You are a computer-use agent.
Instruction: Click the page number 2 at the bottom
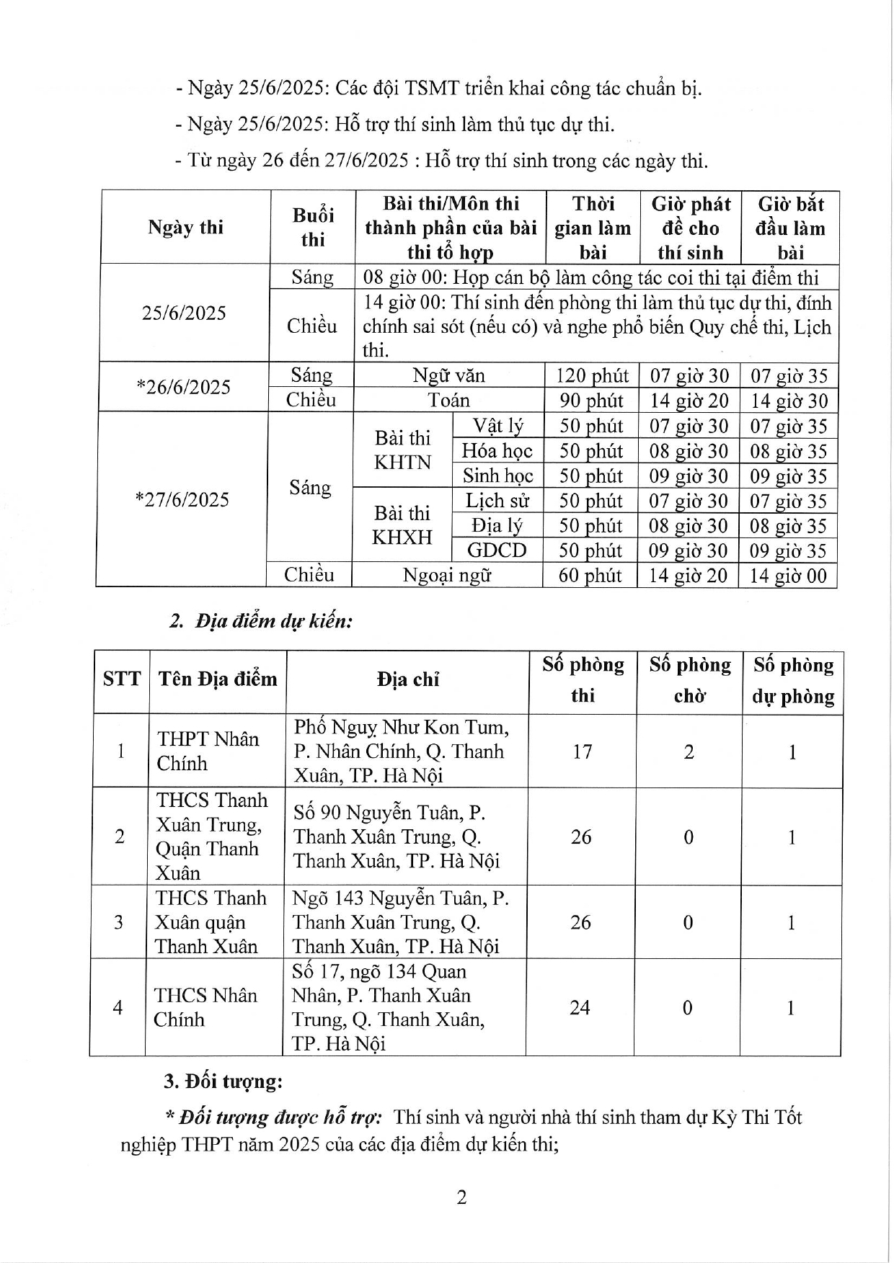(461, 1197)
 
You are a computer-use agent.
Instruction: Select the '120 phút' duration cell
(592, 375)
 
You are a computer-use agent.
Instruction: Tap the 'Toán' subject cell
(448, 400)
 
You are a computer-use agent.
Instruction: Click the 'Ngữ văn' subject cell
(448, 375)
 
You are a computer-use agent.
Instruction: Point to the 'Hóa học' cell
(497, 451)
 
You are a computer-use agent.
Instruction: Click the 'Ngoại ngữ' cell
(447, 575)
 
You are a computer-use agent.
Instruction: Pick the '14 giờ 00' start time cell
(788, 576)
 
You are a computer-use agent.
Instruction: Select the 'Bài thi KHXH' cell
(402, 525)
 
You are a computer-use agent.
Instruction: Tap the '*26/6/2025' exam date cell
(183, 387)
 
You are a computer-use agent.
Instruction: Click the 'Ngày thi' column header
(185, 228)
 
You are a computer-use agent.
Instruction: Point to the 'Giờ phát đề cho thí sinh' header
(690, 228)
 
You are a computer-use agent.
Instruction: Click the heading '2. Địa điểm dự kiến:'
(260, 621)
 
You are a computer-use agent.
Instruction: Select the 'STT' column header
(121, 679)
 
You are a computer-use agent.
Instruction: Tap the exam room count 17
(582, 751)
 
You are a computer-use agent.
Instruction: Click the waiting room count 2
(689, 751)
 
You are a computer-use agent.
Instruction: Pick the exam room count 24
(580, 1007)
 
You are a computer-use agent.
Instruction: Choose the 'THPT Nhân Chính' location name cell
(208, 751)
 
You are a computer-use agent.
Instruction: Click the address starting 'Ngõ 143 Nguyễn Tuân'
(400, 922)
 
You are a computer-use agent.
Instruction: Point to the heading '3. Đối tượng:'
(223, 1081)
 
